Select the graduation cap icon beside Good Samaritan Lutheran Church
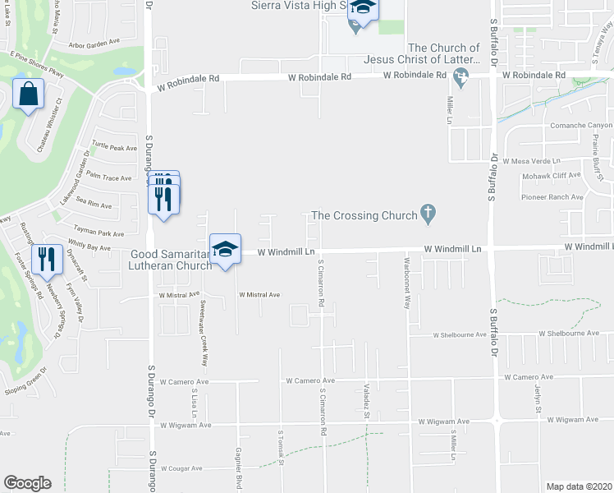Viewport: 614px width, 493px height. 225,249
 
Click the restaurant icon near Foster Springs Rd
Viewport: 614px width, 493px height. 47,259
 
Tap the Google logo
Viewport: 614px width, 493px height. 27,483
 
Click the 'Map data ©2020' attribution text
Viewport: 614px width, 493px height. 580,486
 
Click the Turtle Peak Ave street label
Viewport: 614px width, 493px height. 114,148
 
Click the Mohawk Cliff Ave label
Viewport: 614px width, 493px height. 551,175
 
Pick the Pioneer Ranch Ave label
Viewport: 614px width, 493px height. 552,197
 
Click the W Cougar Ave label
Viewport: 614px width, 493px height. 181,469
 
